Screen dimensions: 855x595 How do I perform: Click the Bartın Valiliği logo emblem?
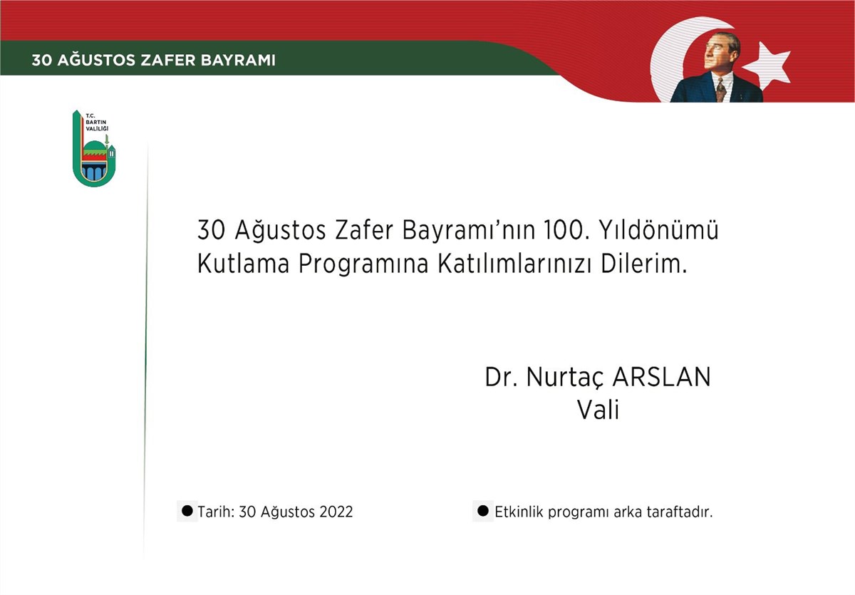tap(94, 148)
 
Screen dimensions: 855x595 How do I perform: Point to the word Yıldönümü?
tap(659, 229)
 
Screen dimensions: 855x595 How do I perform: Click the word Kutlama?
tap(243, 264)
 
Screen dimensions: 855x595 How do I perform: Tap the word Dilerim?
tap(643, 264)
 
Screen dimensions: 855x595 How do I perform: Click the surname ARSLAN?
tap(661, 377)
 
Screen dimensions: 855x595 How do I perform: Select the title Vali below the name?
tap(598, 410)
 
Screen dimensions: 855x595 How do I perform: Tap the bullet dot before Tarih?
tap(187, 511)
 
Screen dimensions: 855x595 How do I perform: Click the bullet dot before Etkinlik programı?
tap(483, 511)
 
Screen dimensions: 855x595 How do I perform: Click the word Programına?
tap(363, 265)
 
